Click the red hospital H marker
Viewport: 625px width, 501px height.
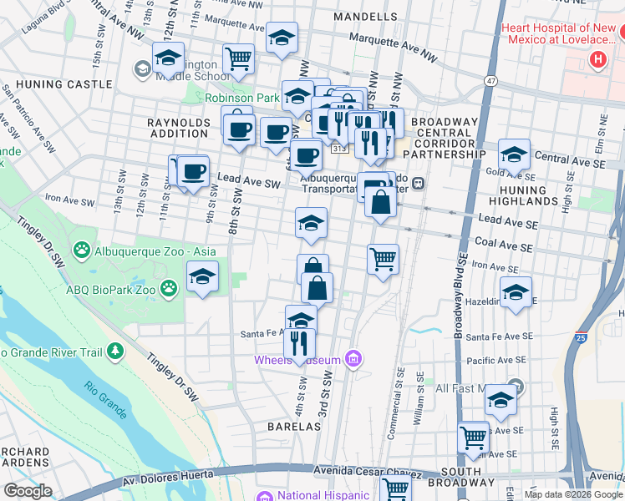597,59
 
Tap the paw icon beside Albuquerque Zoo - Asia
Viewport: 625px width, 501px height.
82,250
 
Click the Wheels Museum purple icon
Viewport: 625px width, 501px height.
353,360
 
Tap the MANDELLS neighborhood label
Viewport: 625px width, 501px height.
365,17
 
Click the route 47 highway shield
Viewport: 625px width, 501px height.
490,79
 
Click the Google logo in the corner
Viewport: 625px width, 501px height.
28,491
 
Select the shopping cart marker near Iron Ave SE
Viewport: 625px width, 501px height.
383,260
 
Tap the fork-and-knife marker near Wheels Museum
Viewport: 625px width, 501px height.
299,342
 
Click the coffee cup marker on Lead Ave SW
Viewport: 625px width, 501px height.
193,172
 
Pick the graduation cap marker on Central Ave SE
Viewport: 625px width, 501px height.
514,154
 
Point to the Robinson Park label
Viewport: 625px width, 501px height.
242,98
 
